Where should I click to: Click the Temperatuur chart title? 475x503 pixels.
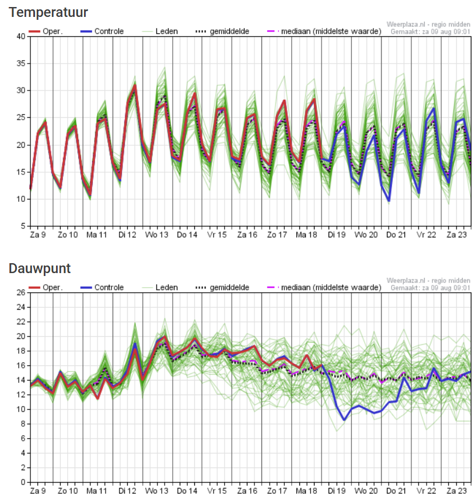click(48, 12)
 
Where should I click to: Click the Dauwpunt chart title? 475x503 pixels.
click(40, 268)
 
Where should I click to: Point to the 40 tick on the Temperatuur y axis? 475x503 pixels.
click(20, 36)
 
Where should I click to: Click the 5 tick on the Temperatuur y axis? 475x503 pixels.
click(22, 226)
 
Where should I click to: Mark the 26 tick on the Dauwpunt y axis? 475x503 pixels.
click(20, 292)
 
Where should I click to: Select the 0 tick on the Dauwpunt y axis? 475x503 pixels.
click(22, 482)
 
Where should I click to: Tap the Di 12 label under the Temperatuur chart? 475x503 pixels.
click(128, 235)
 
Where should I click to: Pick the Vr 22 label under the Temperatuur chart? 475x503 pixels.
click(426, 235)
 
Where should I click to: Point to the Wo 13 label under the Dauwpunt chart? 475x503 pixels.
click(157, 491)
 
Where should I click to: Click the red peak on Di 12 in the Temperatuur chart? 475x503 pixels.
click(135, 86)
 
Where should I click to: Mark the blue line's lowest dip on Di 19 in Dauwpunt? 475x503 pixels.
click(344, 420)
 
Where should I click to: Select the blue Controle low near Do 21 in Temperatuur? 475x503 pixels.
click(389, 201)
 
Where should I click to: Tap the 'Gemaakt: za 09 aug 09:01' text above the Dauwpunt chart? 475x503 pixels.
click(430, 288)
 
